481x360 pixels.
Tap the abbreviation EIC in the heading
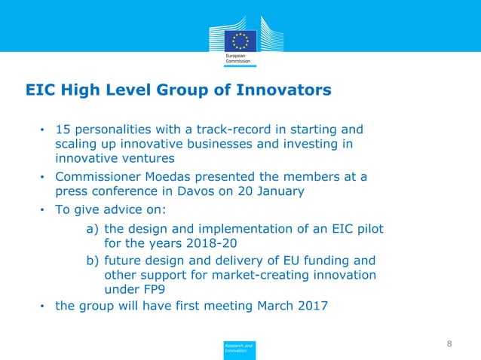[x=42, y=91]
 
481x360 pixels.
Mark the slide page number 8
[x=449, y=344]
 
